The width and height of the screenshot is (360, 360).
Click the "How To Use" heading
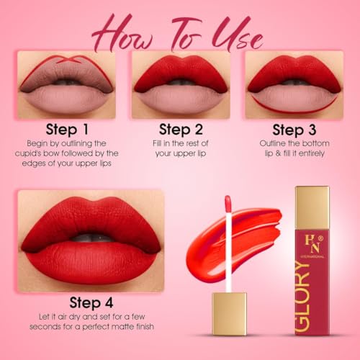pyautogui.click(x=180, y=28)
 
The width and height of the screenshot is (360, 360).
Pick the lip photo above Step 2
pyautogui.click(x=180, y=84)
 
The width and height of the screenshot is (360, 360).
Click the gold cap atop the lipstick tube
pyautogui.click(x=312, y=198)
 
